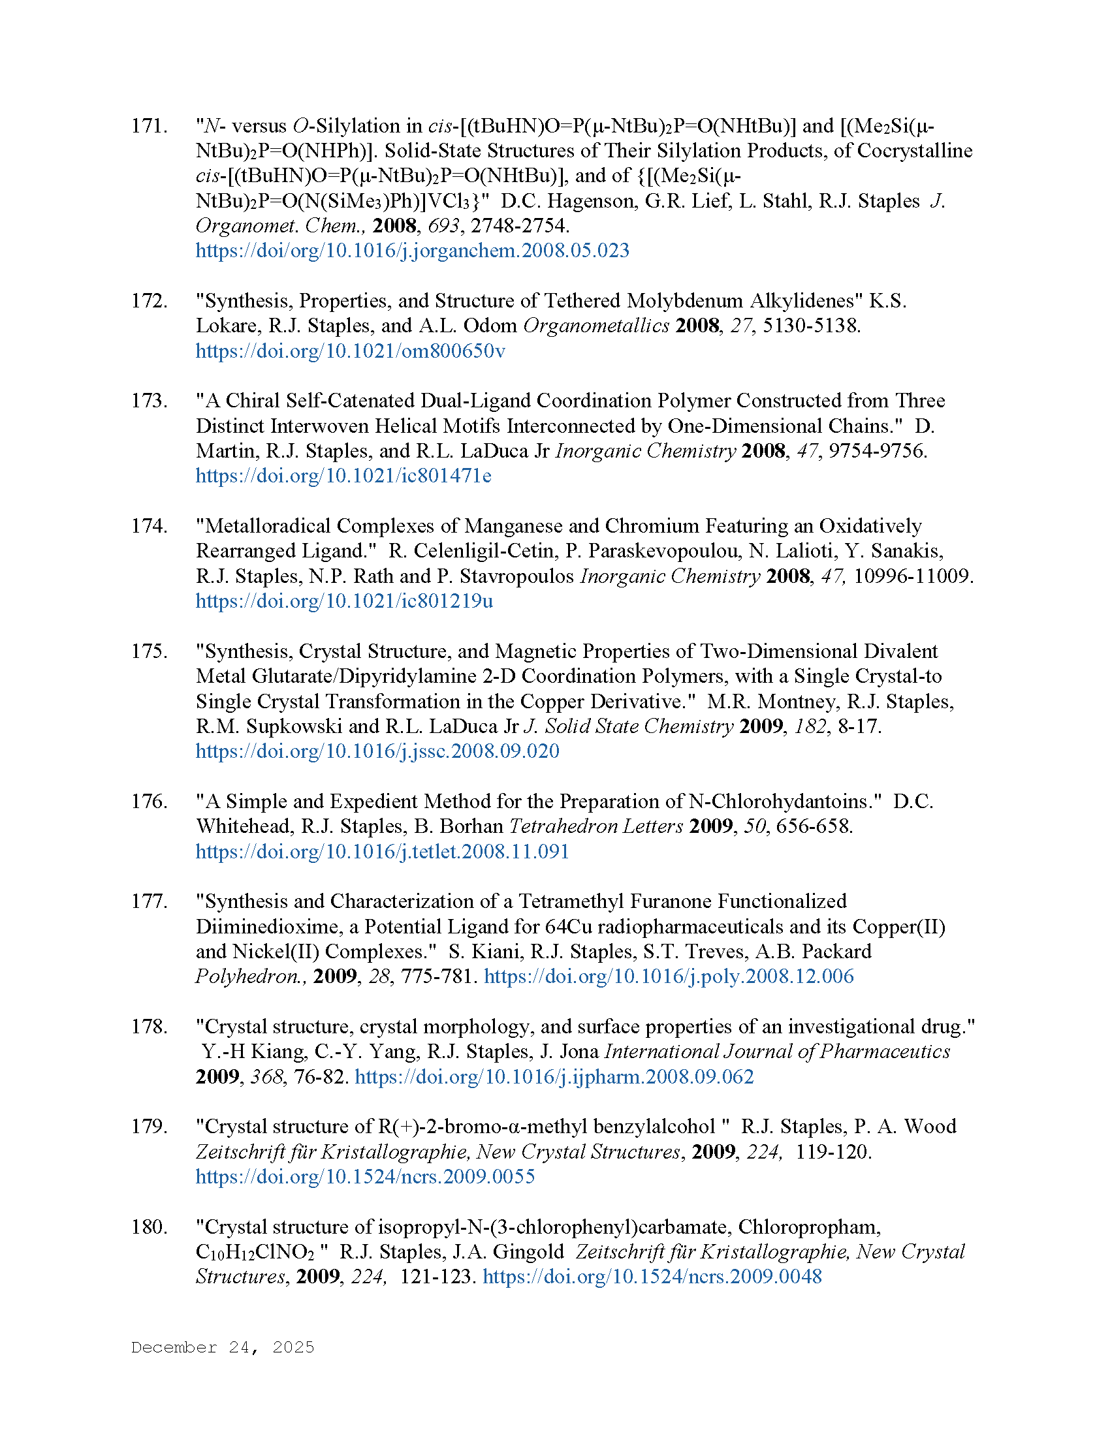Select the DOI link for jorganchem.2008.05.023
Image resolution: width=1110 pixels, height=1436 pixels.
[x=412, y=251]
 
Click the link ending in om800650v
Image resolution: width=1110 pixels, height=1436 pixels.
[x=351, y=351]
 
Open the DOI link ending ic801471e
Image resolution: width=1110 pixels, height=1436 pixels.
[x=343, y=476]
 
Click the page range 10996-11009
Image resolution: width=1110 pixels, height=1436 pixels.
[x=913, y=576]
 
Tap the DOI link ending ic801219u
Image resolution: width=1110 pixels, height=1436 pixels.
[x=344, y=601]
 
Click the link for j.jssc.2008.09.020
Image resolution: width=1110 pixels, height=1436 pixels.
[x=377, y=751]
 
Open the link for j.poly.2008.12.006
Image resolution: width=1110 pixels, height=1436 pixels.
[x=669, y=976]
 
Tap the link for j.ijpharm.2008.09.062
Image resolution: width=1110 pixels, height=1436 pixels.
[x=554, y=1077]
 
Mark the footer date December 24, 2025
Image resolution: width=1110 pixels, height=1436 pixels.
[x=222, y=1347]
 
